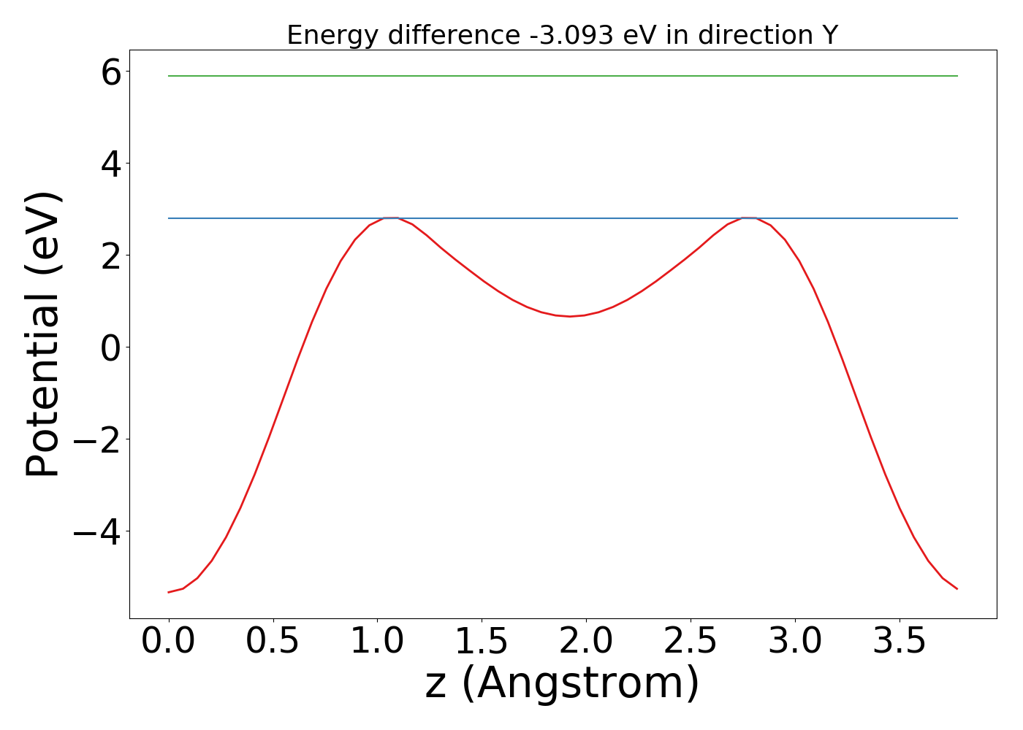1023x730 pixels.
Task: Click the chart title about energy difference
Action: pos(562,35)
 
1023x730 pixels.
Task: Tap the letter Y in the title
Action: pos(829,35)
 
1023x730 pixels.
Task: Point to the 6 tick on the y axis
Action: pos(111,72)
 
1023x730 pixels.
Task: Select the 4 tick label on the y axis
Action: pos(111,164)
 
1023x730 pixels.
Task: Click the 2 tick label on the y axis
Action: pos(111,255)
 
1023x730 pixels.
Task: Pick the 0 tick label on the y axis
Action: pos(111,347)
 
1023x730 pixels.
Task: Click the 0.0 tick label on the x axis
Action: pos(169,642)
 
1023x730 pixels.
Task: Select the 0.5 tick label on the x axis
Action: pos(273,642)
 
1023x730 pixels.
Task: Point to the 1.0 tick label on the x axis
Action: pos(377,642)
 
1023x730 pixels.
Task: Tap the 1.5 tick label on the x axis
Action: pos(482,642)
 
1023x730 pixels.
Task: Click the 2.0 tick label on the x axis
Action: pos(586,642)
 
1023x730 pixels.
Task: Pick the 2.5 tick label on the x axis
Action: pos(691,642)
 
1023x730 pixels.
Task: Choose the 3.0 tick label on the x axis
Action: pos(795,642)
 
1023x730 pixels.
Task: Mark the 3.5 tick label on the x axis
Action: pos(900,642)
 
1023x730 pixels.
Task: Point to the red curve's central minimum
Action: pos(570,316)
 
